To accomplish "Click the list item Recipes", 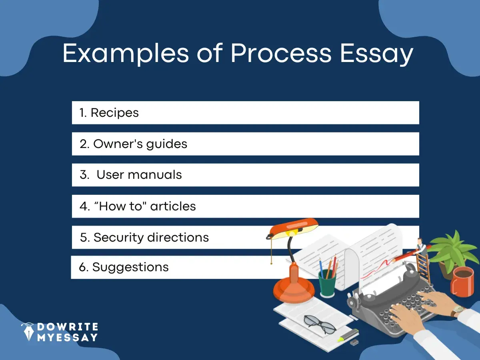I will [114, 113].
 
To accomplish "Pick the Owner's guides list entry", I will [140, 144].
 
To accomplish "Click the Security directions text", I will [151, 237].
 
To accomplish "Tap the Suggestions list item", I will [130, 267].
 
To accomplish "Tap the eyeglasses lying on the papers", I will [320, 324].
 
